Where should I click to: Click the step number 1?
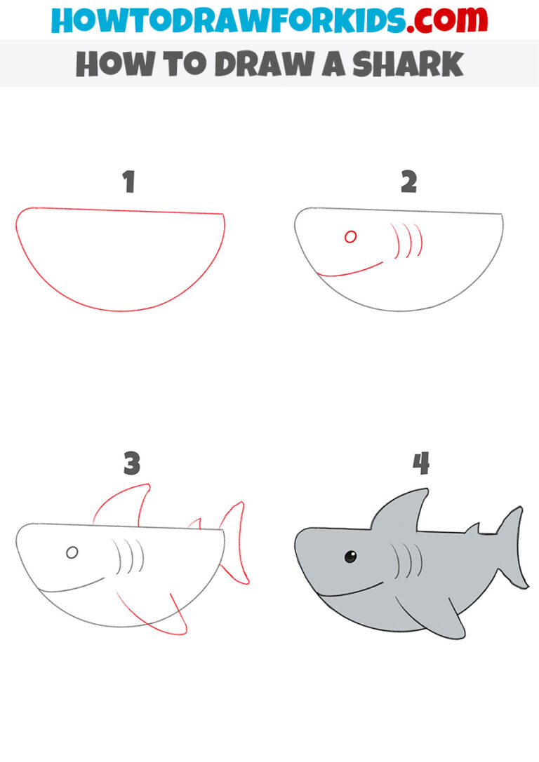click(128, 182)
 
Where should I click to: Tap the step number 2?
click(408, 182)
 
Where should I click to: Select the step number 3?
click(131, 463)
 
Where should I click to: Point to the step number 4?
click(420, 463)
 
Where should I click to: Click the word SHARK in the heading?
click(407, 64)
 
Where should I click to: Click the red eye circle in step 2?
click(350, 237)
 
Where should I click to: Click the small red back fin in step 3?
click(195, 524)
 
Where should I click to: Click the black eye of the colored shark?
click(350, 557)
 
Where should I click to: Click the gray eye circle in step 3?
click(72, 553)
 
